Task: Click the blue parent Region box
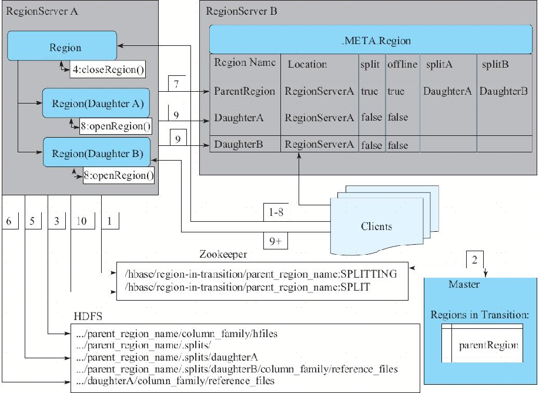pos(65,47)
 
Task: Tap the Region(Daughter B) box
pos(96,154)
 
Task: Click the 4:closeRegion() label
pos(108,70)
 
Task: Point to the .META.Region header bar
pos(376,41)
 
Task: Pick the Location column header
pos(307,64)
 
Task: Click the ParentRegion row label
pos(245,91)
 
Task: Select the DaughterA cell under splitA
pos(447,91)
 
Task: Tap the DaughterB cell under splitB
pos(503,91)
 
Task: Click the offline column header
pos(402,64)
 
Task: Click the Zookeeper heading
pos(223,255)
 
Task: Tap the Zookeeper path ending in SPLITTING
pos(261,274)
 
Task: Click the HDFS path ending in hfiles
pos(177,334)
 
